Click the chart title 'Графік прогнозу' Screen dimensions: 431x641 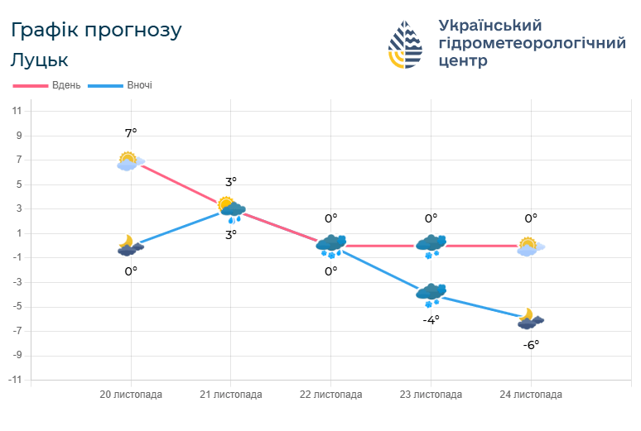(96, 31)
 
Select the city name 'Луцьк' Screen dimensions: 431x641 (40, 60)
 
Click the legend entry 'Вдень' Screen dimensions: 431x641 (65, 85)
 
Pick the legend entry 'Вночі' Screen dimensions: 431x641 (139, 85)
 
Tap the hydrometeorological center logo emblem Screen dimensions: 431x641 (405, 45)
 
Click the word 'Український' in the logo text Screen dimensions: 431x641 (489, 25)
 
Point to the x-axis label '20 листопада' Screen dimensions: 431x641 (131, 395)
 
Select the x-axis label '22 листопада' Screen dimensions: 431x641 (330, 395)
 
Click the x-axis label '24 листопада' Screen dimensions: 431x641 (531, 395)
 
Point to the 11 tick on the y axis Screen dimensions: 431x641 (17, 111)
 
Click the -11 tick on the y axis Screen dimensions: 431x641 (15, 380)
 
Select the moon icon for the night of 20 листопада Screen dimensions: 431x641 (130, 245)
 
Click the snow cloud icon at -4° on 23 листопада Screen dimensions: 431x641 (431, 295)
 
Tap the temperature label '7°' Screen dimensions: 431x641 (131, 133)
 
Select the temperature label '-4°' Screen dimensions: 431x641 (431, 319)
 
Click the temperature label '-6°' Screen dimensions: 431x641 (531, 344)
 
